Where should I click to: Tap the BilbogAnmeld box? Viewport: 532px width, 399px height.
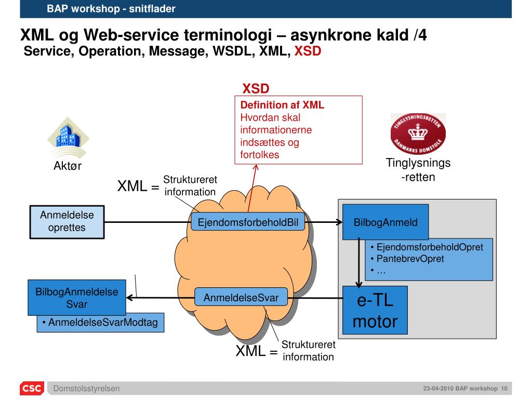[x=385, y=222]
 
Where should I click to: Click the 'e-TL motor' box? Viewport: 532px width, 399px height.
[x=375, y=310]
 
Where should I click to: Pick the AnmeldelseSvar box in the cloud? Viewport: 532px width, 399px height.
[x=241, y=298]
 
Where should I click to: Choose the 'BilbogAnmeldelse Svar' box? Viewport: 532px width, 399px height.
[x=77, y=298]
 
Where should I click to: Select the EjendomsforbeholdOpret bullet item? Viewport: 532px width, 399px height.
[x=430, y=247]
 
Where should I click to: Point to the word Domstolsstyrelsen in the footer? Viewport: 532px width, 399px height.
[x=87, y=389]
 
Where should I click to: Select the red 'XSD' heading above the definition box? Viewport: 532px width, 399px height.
[x=256, y=89]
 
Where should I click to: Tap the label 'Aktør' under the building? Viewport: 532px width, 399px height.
[x=68, y=166]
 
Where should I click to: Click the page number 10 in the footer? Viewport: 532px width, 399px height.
[x=504, y=389]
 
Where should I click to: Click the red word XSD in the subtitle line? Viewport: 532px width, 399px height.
[x=308, y=52]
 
